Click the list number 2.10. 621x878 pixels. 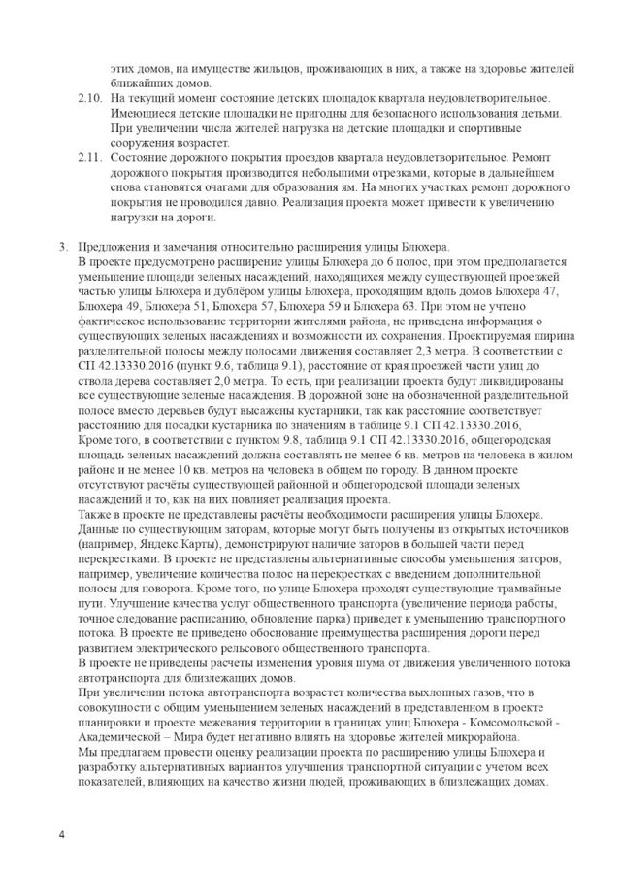pyautogui.click(x=87, y=100)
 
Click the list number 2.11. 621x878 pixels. pyautogui.click(x=87, y=156)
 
